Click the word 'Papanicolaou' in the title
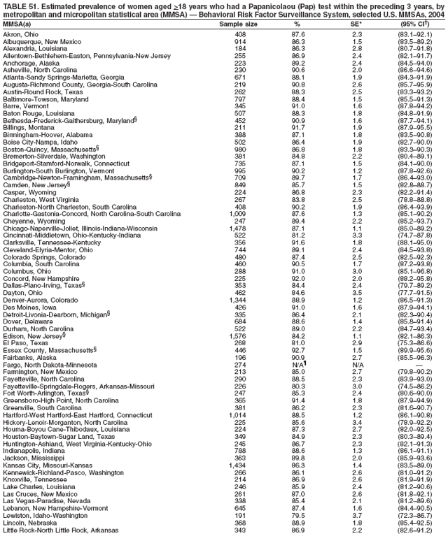[246, 5]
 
